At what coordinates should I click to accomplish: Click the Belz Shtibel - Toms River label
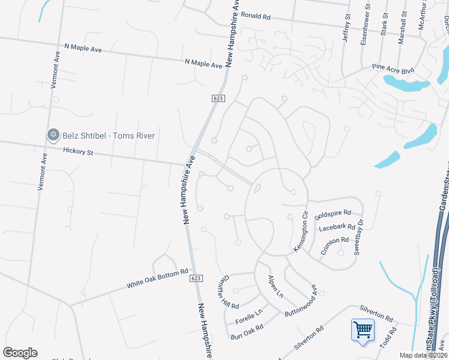[x=109, y=136]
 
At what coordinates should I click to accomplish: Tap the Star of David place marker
[x=53, y=135]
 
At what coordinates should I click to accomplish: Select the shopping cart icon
[x=363, y=329]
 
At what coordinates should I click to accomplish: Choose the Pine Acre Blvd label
[x=393, y=70]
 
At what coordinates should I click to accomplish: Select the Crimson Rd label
[x=335, y=245]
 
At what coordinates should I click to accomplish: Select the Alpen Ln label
[x=275, y=286]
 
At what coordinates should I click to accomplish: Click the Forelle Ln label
[x=249, y=314]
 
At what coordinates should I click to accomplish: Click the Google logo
[x=20, y=353]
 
